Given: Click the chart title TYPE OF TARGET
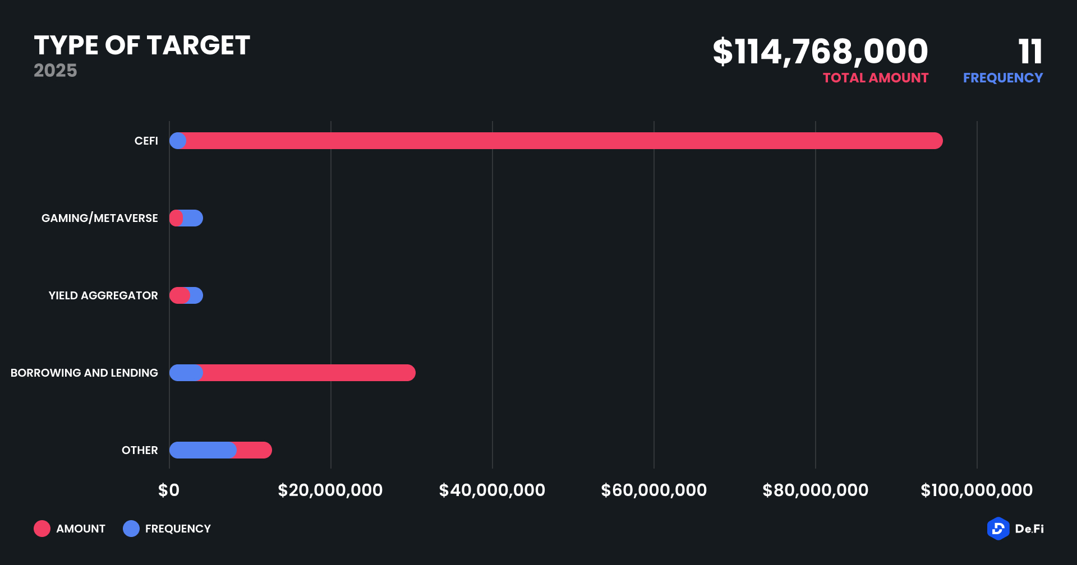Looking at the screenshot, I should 142,45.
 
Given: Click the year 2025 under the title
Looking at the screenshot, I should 55,71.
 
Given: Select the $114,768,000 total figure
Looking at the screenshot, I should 820,52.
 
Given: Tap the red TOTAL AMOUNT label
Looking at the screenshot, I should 875,78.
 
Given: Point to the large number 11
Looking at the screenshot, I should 1030,52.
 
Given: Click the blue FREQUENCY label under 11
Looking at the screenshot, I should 1002,78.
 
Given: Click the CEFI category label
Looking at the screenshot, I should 146,141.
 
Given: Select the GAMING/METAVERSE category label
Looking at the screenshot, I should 99,218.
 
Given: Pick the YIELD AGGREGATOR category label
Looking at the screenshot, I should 103,295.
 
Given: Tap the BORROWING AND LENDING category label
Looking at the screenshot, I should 84,373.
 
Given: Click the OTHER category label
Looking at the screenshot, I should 140,450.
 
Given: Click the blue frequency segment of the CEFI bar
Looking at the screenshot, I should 178,141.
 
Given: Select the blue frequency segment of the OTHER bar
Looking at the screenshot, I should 202,450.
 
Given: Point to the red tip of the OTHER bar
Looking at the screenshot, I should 255,450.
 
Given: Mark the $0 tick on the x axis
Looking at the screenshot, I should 169,490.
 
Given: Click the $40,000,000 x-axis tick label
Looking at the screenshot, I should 492,490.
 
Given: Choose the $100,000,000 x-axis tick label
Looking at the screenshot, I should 976,490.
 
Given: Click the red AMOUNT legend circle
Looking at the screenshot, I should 42,529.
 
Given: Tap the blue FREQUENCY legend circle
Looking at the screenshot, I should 131,529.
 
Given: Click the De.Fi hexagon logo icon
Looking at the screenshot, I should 998,529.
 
